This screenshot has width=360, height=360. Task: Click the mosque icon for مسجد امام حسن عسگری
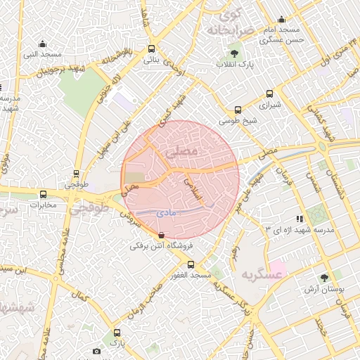point(282,20)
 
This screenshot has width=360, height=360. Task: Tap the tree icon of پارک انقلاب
point(234,53)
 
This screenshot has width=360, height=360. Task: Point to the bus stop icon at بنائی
point(152,49)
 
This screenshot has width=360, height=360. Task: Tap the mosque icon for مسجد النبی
point(42,44)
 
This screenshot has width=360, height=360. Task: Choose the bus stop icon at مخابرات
point(44,194)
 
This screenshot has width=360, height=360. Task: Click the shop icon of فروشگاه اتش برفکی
point(162,235)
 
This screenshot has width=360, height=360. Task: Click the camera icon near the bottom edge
point(97,351)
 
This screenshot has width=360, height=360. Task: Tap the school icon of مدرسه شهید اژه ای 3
point(300,219)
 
